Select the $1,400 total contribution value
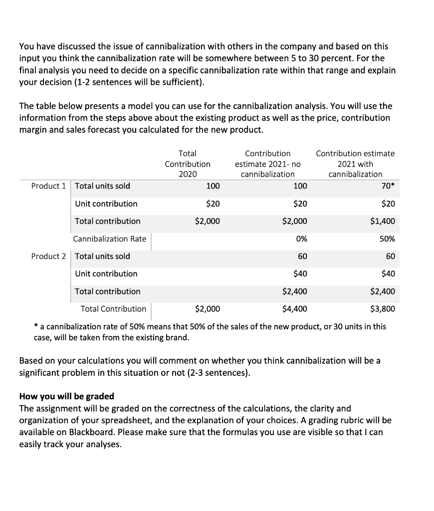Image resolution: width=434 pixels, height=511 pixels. [x=383, y=221]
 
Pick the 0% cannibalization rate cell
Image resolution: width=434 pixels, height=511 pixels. [x=301, y=239]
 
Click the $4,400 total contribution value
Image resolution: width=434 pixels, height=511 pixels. [x=294, y=309]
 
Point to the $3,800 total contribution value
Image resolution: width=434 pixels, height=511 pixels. [x=383, y=309]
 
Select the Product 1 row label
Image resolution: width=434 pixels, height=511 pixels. [x=48, y=186]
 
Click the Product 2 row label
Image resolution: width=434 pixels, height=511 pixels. [x=48, y=256]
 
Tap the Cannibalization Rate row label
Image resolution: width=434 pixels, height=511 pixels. [x=110, y=239]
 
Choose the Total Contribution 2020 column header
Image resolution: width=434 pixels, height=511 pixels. [x=188, y=164]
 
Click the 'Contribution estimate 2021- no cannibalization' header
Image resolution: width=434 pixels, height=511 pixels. [x=267, y=164]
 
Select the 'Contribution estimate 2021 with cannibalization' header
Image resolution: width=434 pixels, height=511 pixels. [x=355, y=164]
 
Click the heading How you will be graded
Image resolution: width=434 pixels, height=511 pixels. [x=66, y=396]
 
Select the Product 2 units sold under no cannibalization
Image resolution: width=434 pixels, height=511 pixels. [x=302, y=256]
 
